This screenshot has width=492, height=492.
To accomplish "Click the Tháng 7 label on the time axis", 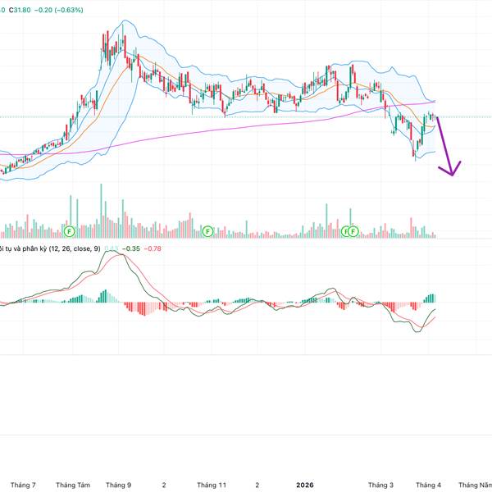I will [22, 485].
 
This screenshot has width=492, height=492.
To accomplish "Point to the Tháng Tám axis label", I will [72, 485].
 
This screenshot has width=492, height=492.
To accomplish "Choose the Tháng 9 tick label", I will [120, 485].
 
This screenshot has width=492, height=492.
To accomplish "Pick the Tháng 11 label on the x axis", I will [212, 485].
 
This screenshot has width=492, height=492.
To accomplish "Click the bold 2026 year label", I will [304, 485].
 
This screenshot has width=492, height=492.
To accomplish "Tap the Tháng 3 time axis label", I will [380, 485].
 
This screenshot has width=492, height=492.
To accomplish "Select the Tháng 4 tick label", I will [428, 485].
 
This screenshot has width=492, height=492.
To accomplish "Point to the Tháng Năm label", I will [476, 485].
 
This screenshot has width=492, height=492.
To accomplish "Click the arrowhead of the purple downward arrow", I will [449, 172].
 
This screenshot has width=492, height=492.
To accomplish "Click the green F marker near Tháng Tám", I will [69, 232].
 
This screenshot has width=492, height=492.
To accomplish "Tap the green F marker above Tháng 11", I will [207, 232].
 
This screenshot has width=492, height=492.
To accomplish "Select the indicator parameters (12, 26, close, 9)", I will [75, 248].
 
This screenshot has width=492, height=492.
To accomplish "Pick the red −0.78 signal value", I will [153, 248].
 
